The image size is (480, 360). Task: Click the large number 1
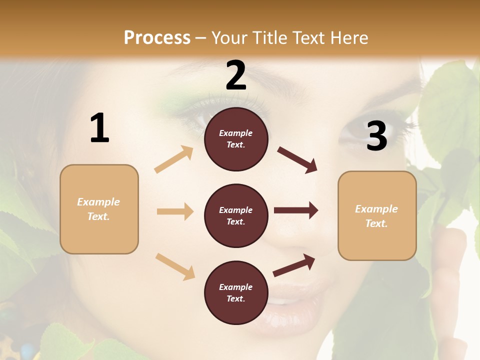click(99, 128)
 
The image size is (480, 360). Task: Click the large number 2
click(236, 75)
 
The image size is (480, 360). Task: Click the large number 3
click(376, 136)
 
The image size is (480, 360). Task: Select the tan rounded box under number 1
click(99, 209)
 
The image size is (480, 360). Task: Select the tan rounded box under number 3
click(377, 216)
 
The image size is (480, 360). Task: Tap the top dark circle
click(236, 139)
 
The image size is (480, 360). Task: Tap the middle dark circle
click(236, 216)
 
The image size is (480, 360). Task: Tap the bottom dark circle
click(236, 293)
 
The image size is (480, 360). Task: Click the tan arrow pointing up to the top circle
click(174, 159)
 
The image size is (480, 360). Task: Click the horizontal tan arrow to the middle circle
click(175, 211)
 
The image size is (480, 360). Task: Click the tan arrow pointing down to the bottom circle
click(175, 266)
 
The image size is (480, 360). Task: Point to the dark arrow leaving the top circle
click(297, 159)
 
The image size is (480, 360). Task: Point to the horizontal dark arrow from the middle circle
click(295, 210)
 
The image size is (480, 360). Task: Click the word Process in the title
click(157, 37)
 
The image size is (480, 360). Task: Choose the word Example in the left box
click(98, 202)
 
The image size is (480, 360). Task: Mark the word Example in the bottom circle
click(236, 287)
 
